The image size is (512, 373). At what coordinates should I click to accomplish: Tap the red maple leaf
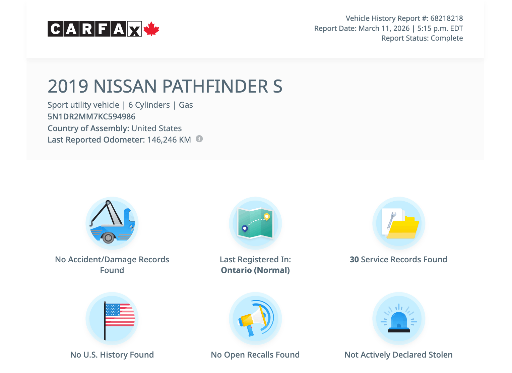coord(151,29)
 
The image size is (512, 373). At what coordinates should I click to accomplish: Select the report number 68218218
coord(446,18)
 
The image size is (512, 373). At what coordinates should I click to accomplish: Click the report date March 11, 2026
coord(384,29)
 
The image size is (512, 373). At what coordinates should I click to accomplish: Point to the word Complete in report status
coord(447,38)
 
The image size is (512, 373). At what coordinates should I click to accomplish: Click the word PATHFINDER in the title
coord(215,86)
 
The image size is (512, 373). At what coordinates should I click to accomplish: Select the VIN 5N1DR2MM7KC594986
coord(91,117)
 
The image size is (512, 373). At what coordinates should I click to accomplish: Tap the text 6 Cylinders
coord(149,105)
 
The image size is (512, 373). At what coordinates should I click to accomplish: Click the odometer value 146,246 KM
coord(169,140)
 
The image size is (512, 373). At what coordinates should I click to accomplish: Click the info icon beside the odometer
coord(199,139)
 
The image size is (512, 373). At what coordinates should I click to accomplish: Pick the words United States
coord(156,128)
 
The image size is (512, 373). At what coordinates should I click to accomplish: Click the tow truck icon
coord(112,223)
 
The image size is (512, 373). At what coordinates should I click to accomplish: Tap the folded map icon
coord(255,223)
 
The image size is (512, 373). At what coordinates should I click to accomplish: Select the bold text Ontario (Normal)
coord(255,270)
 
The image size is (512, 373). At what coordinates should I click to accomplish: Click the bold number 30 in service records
coord(354,260)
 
